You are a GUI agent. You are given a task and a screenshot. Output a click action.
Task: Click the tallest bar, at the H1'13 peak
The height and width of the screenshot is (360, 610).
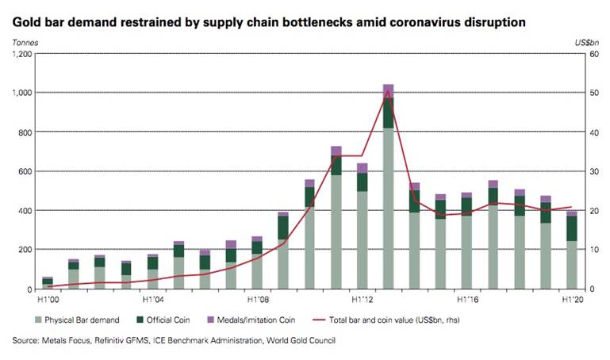click(388, 190)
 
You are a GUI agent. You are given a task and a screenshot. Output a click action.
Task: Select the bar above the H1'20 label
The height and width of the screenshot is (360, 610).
click(571, 254)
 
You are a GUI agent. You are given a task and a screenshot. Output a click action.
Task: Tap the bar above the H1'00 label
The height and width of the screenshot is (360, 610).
click(48, 282)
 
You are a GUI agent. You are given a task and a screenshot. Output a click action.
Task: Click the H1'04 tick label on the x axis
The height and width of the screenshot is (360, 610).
click(153, 301)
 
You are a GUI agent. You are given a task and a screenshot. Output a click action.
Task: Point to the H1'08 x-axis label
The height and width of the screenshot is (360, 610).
click(259, 301)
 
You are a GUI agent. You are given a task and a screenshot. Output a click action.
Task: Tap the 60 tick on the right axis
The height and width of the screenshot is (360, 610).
click(590, 54)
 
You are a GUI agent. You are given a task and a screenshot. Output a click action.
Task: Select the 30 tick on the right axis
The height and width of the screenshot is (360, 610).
click(590, 171)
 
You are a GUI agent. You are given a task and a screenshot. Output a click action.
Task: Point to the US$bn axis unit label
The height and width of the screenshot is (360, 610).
click(586, 39)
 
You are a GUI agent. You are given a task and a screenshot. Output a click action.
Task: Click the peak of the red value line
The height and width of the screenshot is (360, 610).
click(388, 91)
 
